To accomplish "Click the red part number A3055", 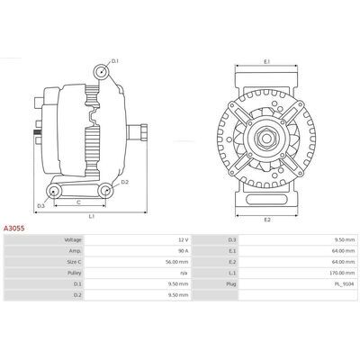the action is [x=13, y=229].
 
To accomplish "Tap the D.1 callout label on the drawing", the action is [x=115, y=61].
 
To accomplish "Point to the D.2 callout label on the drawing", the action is [x=125, y=182].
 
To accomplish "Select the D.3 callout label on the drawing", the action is [x=40, y=206].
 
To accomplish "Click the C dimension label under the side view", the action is [x=78, y=202].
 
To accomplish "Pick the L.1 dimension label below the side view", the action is [x=92, y=216].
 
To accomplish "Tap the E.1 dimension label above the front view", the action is [x=267, y=61].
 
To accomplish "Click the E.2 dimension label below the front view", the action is [x=267, y=220].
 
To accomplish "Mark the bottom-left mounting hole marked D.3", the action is [x=54, y=191].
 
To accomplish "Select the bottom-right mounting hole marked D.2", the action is [x=105, y=191].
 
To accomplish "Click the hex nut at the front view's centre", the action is [x=266, y=138].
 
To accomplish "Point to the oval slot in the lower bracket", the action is [x=266, y=200].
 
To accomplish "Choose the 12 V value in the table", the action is [x=184, y=239].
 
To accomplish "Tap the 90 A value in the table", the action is [x=184, y=251].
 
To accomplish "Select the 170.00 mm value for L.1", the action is [x=343, y=273].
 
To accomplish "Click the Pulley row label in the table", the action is [x=75, y=273].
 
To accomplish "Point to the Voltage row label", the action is [x=73, y=239].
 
